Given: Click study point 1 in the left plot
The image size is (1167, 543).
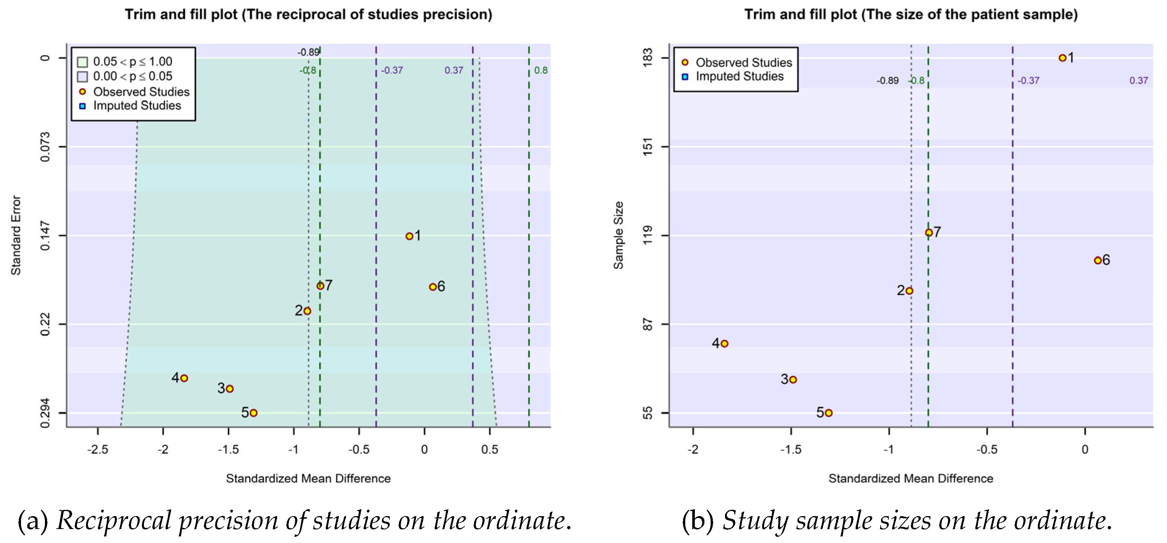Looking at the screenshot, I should [409, 236].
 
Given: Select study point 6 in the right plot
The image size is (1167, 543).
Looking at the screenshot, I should [1097, 260].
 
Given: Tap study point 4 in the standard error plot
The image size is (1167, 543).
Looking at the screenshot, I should [184, 378].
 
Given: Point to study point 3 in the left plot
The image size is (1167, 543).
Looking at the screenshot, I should [230, 388].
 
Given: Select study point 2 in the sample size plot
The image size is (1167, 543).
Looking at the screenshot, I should [909, 291].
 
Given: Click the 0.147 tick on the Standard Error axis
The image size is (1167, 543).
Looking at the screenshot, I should [45, 235].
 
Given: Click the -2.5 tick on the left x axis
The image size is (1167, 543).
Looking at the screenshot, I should [98, 449].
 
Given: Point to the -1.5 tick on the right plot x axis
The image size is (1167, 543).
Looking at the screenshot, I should [791, 449].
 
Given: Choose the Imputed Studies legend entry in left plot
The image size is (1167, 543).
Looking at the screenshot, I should [137, 106].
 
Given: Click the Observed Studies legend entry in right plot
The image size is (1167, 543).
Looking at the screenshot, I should [743, 63].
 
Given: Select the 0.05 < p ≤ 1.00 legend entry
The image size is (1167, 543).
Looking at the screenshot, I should [132, 61].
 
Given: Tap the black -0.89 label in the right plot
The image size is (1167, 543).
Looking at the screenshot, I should [887, 81].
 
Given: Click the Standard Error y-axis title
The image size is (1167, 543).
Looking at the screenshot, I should [16, 235].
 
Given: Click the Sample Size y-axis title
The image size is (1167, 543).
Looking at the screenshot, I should [618, 235].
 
